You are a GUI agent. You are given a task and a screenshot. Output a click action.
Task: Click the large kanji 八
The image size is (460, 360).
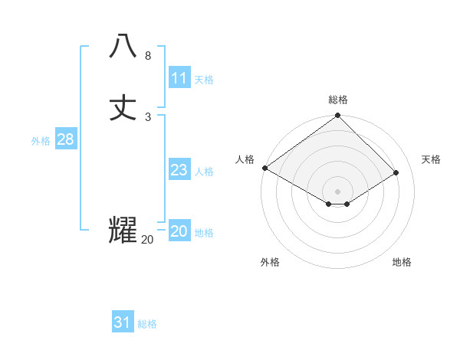(123, 46)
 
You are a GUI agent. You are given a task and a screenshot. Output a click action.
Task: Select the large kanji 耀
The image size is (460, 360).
(123, 230)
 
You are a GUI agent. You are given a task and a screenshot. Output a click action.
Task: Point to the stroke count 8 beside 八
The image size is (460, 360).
(148, 56)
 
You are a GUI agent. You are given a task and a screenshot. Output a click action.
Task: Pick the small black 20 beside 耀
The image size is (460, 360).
(147, 240)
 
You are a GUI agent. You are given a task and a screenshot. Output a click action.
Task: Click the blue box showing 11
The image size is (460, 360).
(179, 78)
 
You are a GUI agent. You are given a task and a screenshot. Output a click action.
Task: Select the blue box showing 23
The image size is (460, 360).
(179, 170)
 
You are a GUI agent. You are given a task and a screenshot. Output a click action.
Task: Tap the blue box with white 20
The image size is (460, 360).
(179, 231)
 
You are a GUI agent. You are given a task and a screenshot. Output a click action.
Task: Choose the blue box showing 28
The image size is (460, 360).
(65, 139)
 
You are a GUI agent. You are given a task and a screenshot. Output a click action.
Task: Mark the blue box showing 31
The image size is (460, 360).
(122, 322)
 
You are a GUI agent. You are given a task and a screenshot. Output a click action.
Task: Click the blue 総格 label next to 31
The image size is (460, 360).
(147, 324)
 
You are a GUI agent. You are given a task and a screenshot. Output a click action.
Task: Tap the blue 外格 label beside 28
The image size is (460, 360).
(40, 141)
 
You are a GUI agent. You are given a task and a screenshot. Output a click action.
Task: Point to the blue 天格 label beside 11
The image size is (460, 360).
(204, 80)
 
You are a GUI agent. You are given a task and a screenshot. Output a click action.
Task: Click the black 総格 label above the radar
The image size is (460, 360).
(338, 100)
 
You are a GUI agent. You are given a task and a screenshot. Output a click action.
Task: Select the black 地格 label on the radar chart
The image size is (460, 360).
(402, 262)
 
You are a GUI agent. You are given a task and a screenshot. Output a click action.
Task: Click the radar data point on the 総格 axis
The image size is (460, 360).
(338, 116)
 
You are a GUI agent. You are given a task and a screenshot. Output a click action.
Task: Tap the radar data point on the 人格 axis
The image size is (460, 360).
(264, 168)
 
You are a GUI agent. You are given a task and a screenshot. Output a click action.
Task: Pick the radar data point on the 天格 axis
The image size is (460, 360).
(396, 173)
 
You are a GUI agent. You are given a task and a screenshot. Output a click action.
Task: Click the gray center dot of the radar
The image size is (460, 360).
(338, 191)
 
